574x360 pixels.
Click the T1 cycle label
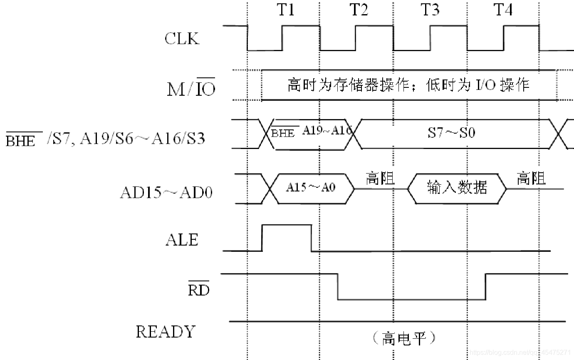[x=286, y=10]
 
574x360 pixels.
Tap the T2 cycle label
[x=359, y=10]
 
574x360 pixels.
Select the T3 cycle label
[x=430, y=10]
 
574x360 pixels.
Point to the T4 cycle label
[x=503, y=10]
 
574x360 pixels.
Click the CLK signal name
[x=182, y=38]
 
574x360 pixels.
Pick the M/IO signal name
[x=191, y=88]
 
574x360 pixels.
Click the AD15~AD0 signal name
[x=166, y=193]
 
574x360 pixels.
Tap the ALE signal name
[x=182, y=240]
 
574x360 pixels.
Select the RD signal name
[x=198, y=289]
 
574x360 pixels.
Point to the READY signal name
[x=165, y=332]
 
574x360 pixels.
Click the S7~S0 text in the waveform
[x=452, y=133]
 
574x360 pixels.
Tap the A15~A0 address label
[x=310, y=187]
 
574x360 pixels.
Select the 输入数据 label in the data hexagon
[x=457, y=188]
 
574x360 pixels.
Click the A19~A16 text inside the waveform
[x=327, y=130]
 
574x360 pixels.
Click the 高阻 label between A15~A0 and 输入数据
[x=380, y=178]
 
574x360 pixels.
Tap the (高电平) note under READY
[x=403, y=338]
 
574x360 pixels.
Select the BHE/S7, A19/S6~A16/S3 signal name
[x=105, y=138]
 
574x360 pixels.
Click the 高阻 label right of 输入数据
[x=531, y=179]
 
